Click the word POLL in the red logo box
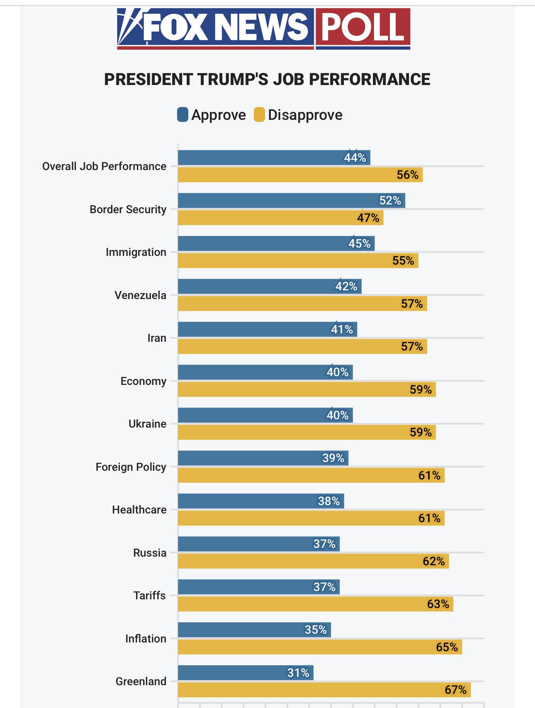click(x=362, y=27)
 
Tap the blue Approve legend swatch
click(x=182, y=115)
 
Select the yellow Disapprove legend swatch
click(x=259, y=115)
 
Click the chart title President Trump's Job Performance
click(x=267, y=79)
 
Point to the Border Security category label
click(x=128, y=209)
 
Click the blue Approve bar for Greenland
click(x=246, y=673)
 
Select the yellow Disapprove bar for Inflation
click(x=319, y=647)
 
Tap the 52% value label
click(x=390, y=201)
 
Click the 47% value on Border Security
click(x=368, y=218)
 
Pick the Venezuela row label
click(x=140, y=295)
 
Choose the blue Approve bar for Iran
click(x=267, y=329)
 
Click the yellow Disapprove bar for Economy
click(x=306, y=389)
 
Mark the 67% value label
click(x=455, y=690)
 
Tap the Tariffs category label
click(x=149, y=596)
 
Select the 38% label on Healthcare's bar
click(x=328, y=501)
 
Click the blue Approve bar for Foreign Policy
click(x=263, y=458)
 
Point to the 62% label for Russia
click(x=433, y=561)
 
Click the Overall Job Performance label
click(x=104, y=166)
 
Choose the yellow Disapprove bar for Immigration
click(x=298, y=260)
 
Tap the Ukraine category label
click(x=147, y=424)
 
